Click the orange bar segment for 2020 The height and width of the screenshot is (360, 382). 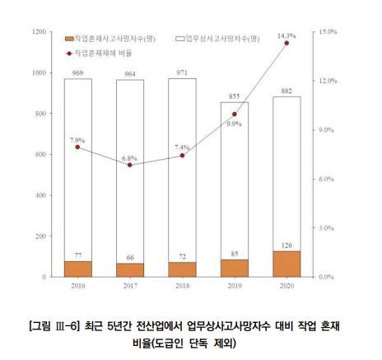tap(286, 264)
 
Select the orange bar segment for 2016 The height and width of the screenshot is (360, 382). tap(78, 269)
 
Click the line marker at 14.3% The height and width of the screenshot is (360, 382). tap(286, 43)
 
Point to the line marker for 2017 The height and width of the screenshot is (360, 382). tap(130, 166)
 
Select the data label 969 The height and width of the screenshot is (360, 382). tap(78, 73)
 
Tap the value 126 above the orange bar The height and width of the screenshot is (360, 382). tap(286, 244)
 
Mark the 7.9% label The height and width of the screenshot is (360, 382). tap(77, 140)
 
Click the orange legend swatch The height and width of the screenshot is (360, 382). tap(68, 39)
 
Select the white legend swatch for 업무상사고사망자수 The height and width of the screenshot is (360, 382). tap(180, 39)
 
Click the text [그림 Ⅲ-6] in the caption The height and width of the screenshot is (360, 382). tap(51, 327)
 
